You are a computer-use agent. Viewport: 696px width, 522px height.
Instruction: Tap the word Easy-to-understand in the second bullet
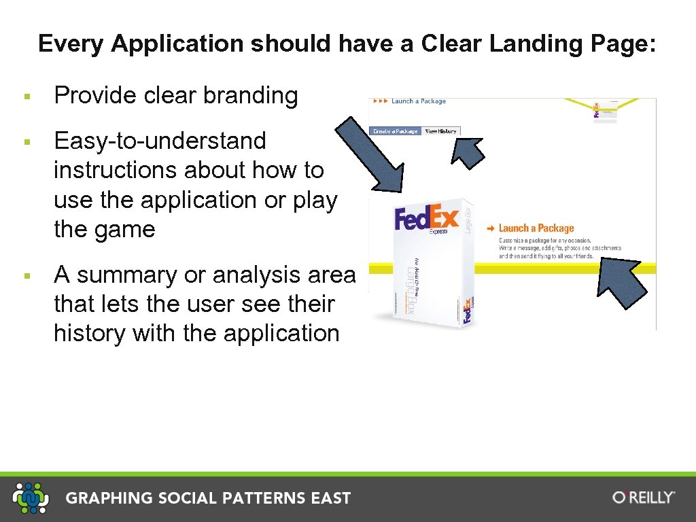pos(160,141)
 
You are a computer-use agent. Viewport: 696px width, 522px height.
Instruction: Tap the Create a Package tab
pos(395,131)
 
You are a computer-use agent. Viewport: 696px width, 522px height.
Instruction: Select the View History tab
pos(440,131)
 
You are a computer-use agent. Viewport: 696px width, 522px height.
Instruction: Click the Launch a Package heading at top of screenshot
pos(418,101)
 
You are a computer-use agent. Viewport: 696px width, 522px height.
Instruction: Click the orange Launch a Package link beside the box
pos(536,228)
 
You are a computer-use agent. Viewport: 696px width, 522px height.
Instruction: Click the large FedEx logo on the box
pos(427,219)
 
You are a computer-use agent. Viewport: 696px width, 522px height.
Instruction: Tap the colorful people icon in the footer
pos(31,498)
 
